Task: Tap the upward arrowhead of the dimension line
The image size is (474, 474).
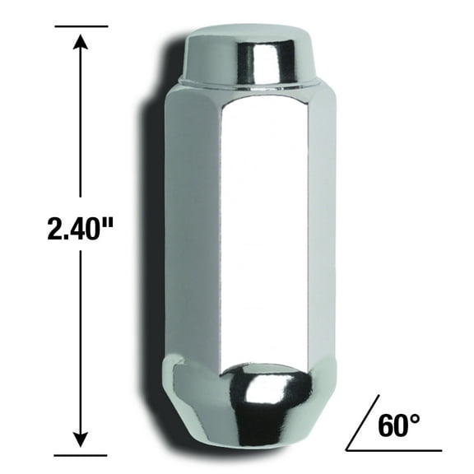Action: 80,41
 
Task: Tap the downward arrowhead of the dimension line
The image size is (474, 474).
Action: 80,438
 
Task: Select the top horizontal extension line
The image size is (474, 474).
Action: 80,26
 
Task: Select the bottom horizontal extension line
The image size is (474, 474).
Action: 80,453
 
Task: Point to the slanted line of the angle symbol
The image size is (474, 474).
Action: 363,422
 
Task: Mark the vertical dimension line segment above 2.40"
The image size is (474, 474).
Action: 80,123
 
